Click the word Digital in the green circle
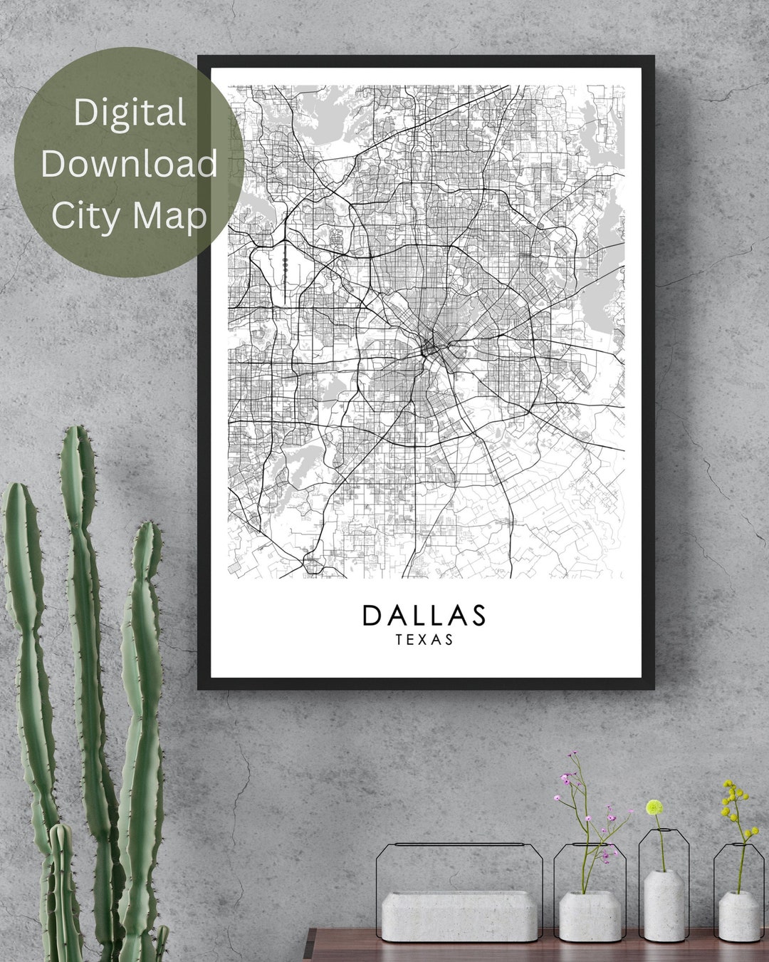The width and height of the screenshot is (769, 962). click(x=130, y=113)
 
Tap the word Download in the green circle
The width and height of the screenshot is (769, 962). click(x=130, y=164)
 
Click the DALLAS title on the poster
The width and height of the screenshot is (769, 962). click(x=424, y=615)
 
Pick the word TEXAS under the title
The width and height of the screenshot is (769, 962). click(x=424, y=639)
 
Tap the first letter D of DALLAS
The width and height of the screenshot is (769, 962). click(x=372, y=615)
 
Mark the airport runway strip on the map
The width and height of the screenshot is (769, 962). click(x=283, y=267)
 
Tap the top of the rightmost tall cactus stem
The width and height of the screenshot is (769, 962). click(x=148, y=526)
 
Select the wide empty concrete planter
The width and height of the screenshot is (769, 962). click(x=459, y=916)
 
